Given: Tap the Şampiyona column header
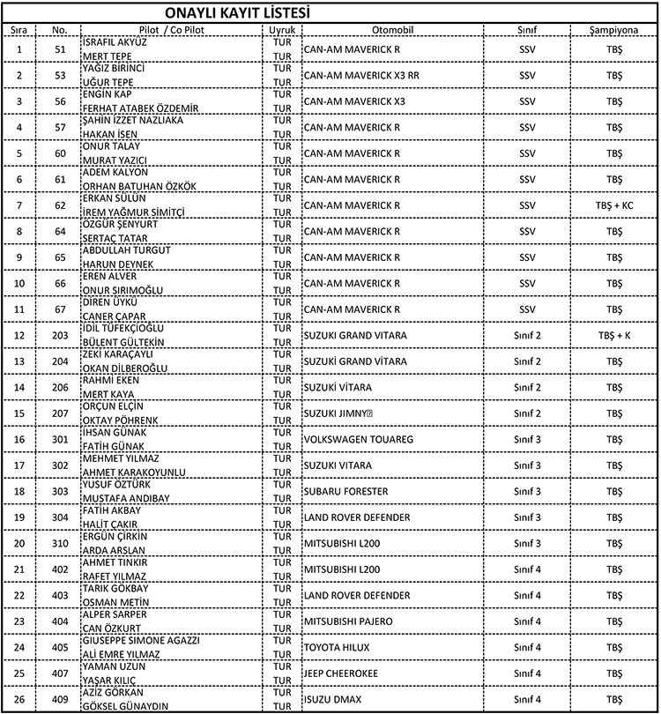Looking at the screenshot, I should click(x=613, y=29).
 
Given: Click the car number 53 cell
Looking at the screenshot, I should click(x=60, y=75).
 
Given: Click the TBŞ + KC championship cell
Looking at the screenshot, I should click(x=613, y=205).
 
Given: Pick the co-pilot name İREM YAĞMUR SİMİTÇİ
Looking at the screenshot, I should click(x=134, y=212).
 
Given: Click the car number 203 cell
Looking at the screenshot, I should click(x=60, y=336).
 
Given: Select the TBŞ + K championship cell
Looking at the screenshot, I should click(x=613, y=336).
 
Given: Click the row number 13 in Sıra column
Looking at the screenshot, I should click(x=19, y=361).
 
